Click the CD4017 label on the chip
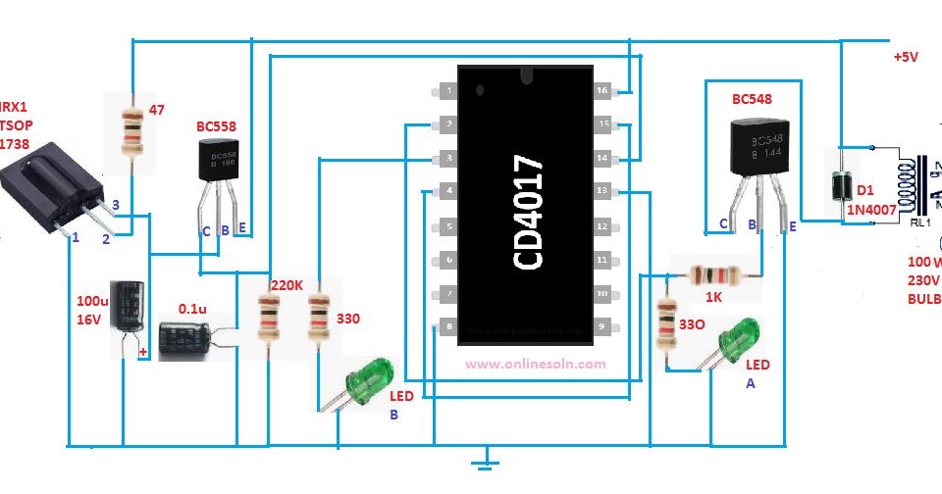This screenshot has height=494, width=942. (528, 211)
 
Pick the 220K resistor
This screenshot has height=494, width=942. (266, 314)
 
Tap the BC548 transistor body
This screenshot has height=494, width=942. (757, 147)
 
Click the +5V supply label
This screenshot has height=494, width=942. (905, 57)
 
